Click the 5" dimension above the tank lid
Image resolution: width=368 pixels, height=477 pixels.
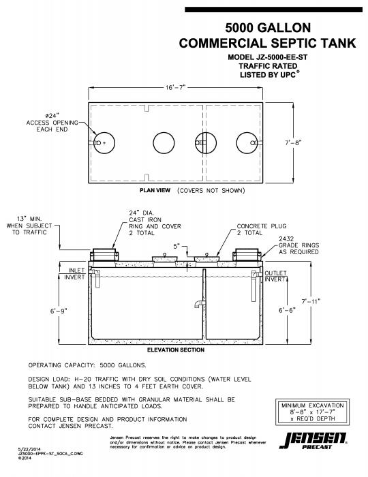(x=177, y=245)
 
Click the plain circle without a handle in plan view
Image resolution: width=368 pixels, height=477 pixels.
(x=164, y=143)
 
